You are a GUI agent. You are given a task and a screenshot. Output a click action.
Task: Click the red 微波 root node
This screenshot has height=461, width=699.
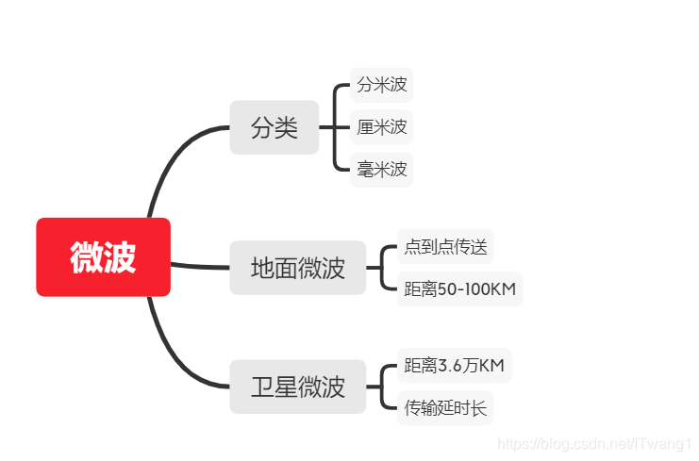(x=103, y=256)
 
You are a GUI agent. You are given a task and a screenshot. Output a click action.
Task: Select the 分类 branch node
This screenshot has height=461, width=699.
(x=274, y=127)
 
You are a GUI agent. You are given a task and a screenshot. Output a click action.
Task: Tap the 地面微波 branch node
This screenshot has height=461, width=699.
(x=297, y=268)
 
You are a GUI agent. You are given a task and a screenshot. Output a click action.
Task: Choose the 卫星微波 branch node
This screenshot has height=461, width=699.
(x=297, y=387)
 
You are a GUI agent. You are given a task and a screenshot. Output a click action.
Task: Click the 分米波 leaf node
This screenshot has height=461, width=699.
(x=381, y=85)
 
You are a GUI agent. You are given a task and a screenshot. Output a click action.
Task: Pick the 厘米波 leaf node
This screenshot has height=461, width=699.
(x=381, y=127)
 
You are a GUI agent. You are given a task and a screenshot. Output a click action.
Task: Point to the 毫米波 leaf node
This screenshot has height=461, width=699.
(x=381, y=170)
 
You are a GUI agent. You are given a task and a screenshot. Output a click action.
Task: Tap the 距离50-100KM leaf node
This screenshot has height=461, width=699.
(x=459, y=288)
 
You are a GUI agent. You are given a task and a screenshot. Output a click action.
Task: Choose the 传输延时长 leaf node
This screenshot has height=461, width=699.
(x=445, y=407)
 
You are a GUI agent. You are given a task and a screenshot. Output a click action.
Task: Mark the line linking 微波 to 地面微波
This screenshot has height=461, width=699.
(x=200, y=267)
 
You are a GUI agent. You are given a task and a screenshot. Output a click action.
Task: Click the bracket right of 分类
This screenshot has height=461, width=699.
(x=336, y=127)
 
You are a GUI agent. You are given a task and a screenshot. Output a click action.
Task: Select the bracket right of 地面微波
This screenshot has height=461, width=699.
(x=382, y=268)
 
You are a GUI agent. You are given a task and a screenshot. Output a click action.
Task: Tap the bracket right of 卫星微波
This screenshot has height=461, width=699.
(x=382, y=387)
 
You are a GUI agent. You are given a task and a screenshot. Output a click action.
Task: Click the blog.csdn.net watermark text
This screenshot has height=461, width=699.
(x=594, y=442)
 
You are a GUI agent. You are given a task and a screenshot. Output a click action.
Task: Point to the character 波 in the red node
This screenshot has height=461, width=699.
(x=120, y=256)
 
